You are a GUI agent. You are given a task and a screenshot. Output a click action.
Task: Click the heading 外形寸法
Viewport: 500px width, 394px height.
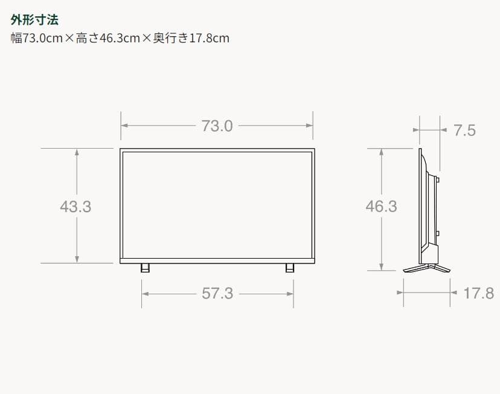[34, 20]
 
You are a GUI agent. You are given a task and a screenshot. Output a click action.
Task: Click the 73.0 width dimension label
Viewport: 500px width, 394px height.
[217, 126]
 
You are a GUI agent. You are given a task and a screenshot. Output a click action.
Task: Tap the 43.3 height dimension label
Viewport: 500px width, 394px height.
[75, 206]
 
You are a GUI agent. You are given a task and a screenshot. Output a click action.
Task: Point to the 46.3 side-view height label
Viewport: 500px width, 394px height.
[381, 206]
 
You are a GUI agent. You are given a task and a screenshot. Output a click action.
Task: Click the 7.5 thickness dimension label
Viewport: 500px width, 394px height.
[464, 130]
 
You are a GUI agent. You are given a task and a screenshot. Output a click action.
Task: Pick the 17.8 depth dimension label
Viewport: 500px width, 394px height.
[478, 293]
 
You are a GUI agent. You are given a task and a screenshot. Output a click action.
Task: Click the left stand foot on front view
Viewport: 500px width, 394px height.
[145, 267]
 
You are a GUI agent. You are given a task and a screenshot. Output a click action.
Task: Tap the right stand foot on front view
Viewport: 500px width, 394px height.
[290, 267]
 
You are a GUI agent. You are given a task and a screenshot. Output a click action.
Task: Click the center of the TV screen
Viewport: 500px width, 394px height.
[217, 204]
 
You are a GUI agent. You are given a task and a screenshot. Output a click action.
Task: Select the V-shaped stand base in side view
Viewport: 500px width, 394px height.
[426, 268]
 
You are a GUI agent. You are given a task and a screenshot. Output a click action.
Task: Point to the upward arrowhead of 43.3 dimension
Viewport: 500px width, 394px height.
[77, 152]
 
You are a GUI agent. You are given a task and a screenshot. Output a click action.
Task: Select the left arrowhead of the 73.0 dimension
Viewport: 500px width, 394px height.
[124, 126]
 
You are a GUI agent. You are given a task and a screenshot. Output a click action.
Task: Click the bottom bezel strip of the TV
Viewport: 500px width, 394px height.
[217, 260]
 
